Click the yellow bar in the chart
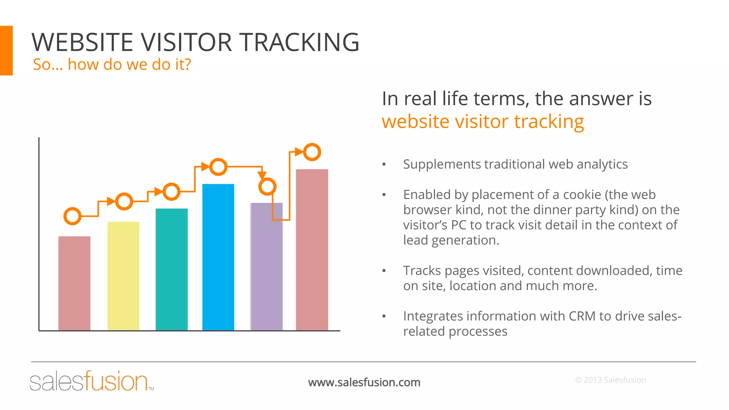(x=123, y=276)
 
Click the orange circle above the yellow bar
(x=124, y=201)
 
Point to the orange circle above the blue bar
(x=218, y=167)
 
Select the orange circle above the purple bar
(x=267, y=186)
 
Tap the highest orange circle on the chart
(x=312, y=152)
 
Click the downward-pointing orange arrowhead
(x=262, y=175)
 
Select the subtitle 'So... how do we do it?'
(x=112, y=64)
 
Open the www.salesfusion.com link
(x=364, y=382)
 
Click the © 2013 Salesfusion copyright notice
(x=610, y=380)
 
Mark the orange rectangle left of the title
(x=6, y=50)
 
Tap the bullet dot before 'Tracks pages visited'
(x=384, y=271)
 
